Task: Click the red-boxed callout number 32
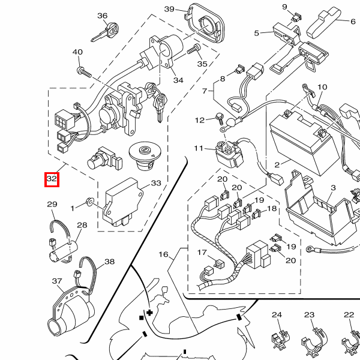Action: [52, 179]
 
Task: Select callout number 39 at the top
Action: [169, 9]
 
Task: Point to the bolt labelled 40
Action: [83, 71]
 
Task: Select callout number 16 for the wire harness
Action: [164, 254]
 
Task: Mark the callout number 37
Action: [57, 281]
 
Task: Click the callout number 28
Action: [82, 226]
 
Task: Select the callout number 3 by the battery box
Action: [333, 188]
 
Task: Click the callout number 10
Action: [322, 88]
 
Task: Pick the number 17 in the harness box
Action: [202, 253]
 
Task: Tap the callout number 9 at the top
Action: [285, 7]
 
